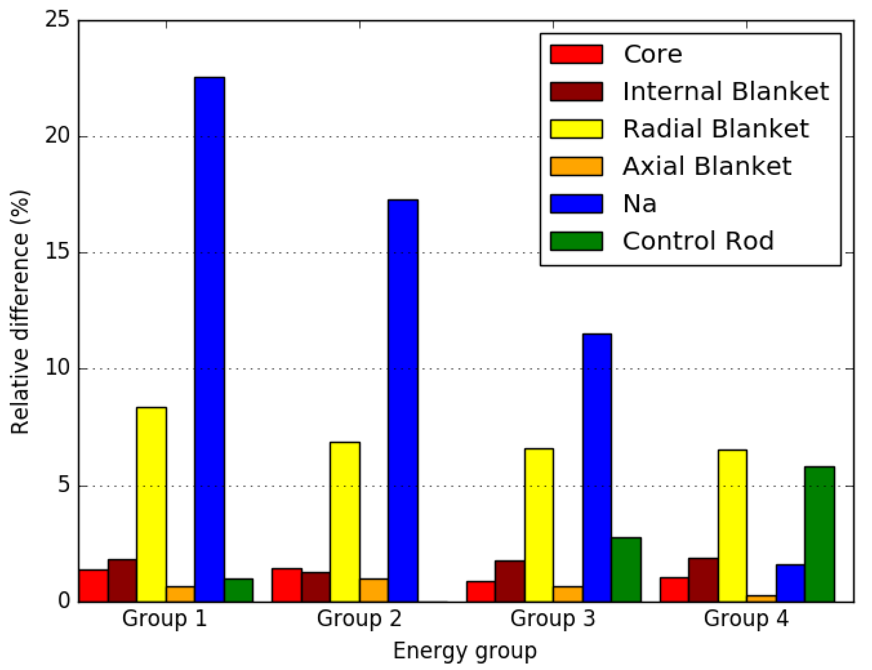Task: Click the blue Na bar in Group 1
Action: coord(209,339)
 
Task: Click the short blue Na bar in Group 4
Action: coord(790,583)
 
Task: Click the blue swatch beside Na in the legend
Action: coord(576,204)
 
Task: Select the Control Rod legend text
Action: coord(698,241)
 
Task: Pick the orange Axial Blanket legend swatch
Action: coord(576,166)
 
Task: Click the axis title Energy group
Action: coord(465,651)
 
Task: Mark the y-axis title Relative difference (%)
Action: coord(20,313)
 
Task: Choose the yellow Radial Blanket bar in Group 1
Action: coord(151,504)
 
